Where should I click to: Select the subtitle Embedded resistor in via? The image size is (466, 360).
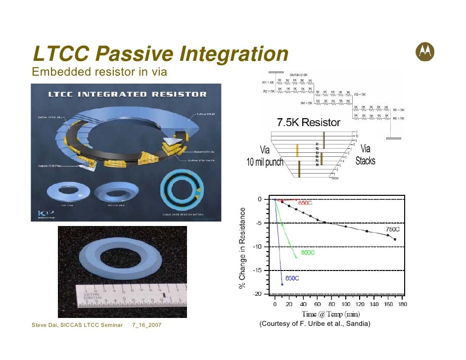[x=99, y=72]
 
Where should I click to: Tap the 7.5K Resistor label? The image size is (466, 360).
[x=308, y=122]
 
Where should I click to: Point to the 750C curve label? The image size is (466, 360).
[x=393, y=229]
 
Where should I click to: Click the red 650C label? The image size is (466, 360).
[x=305, y=203]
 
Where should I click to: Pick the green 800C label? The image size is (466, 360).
[x=308, y=253]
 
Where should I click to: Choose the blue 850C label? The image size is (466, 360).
[x=291, y=278]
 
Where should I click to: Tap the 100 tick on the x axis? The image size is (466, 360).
[x=346, y=305]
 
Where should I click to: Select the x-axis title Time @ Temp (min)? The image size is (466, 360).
[x=331, y=315]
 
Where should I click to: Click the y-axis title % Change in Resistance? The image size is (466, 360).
[x=242, y=248]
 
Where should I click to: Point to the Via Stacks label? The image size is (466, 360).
[x=366, y=155]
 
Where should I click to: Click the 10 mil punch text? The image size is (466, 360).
[x=265, y=162]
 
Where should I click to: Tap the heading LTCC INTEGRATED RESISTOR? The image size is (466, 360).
[x=127, y=93]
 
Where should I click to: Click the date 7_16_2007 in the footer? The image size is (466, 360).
[x=147, y=325]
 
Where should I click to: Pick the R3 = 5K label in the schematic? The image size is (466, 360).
[x=360, y=94]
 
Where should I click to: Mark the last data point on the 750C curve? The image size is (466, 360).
[x=395, y=239]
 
